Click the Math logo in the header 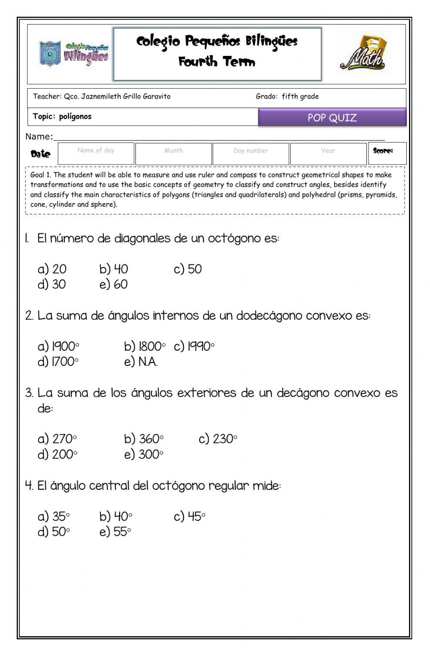point(364,54)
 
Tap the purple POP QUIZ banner point(332,118)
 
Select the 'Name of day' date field point(96,154)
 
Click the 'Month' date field point(173,154)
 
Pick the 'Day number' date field point(251,154)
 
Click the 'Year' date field point(328,154)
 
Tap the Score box point(387,154)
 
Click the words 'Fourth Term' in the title point(217,62)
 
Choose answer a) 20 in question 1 point(52,269)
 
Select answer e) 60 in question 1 point(114,285)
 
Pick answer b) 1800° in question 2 point(144,347)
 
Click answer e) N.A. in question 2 point(141,362)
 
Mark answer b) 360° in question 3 point(144,439)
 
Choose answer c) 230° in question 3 point(218,439)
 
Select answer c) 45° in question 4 point(190,517)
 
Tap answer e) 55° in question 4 point(115,532)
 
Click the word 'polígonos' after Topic point(75,117)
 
